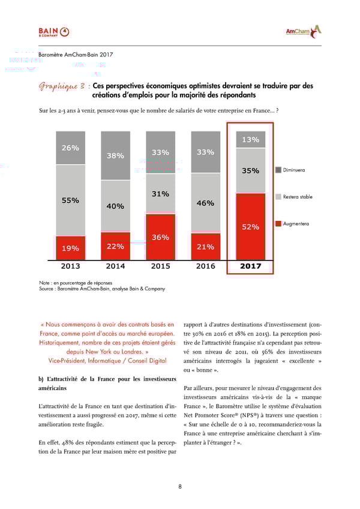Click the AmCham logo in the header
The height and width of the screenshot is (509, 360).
[303, 31]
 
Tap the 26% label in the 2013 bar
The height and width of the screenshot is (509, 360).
[70, 148]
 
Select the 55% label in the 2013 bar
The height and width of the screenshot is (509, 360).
[70, 200]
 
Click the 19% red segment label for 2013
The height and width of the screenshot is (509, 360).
[70, 247]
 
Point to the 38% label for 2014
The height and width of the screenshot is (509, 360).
[115, 155]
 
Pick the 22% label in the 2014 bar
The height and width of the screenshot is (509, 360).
[115, 246]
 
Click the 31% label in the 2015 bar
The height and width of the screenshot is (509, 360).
[160, 194]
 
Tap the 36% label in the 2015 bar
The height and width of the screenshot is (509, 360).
[160, 237]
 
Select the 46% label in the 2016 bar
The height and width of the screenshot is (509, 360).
[205, 203]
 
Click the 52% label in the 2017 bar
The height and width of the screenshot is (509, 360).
[250, 226]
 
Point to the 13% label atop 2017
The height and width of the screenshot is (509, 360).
[250, 139]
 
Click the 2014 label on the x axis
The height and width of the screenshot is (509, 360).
[115, 266]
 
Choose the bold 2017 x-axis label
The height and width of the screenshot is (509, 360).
[250, 266]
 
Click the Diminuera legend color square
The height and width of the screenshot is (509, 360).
[278, 170]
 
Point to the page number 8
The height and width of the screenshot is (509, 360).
[180, 486]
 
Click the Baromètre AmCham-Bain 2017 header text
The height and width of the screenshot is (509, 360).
[76, 55]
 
